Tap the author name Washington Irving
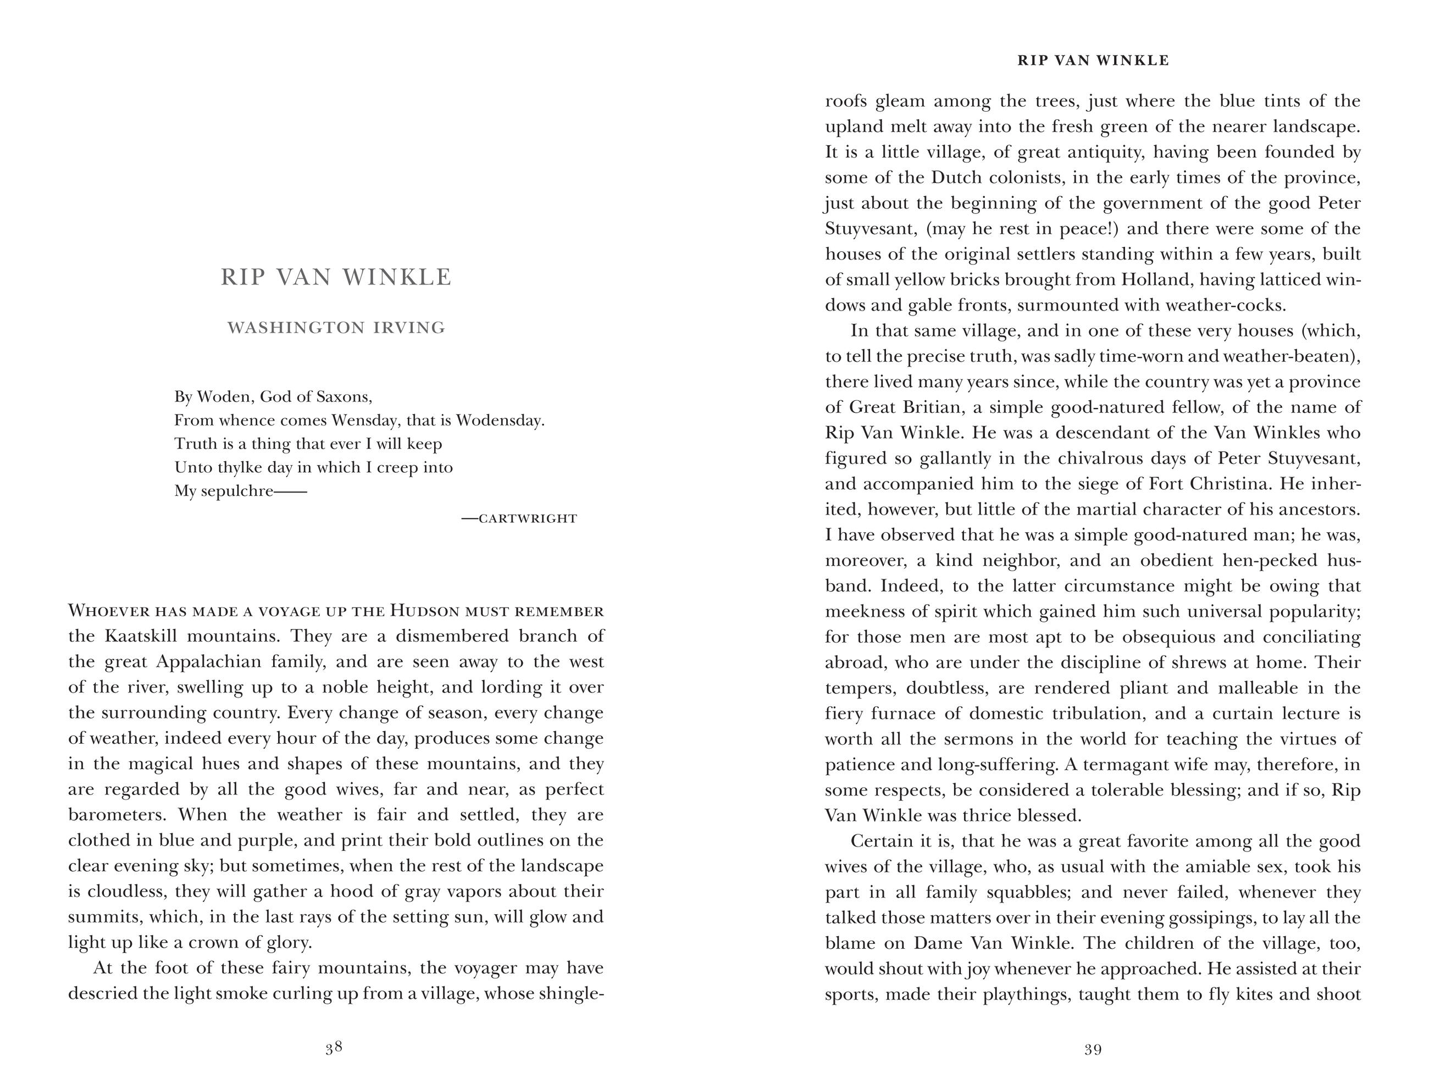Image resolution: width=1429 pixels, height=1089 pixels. tap(336, 328)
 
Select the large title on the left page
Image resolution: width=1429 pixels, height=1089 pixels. tap(336, 278)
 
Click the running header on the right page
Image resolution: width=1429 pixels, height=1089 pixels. tap(1093, 61)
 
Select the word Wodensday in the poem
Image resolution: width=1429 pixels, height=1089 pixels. tap(499, 420)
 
